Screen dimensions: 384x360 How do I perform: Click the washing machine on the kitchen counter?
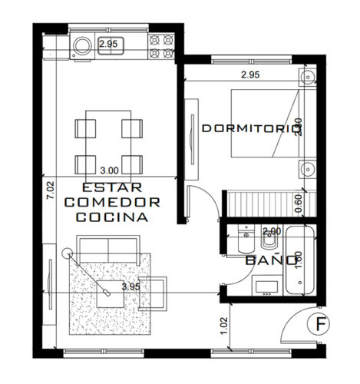(x=81, y=44)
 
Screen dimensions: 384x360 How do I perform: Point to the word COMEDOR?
(x=112, y=202)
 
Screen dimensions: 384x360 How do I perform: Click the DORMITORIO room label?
(x=248, y=129)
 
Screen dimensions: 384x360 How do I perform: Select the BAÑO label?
(x=270, y=260)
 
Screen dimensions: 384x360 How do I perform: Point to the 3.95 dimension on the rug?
(x=131, y=286)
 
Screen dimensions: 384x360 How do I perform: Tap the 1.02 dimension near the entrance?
(x=223, y=324)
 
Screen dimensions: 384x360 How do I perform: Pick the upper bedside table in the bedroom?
(x=307, y=76)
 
